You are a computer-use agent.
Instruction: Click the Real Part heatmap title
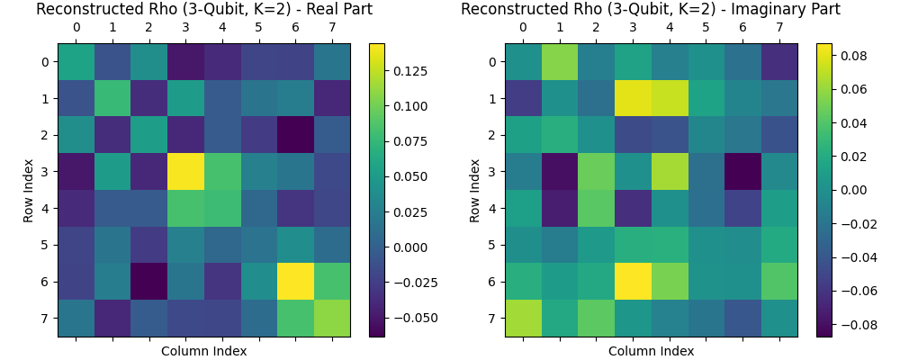(x=203, y=10)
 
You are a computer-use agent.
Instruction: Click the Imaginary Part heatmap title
(x=651, y=10)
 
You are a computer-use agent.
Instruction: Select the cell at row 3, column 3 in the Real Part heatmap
(x=185, y=172)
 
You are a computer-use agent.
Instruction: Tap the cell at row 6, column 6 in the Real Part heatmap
(x=295, y=282)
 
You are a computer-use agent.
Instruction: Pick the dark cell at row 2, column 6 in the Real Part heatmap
(x=295, y=135)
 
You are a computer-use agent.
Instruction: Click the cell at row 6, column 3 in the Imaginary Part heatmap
(x=633, y=282)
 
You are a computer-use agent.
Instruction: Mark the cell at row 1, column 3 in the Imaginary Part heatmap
(x=633, y=98)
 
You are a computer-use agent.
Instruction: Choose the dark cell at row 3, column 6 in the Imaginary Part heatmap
(x=742, y=172)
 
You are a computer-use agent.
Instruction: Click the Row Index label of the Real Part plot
(x=29, y=190)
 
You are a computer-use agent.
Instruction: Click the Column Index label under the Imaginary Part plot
(x=651, y=351)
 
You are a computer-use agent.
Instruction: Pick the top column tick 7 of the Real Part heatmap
(x=332, y=28)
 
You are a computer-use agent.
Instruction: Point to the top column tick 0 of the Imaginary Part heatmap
(x=523, y=28)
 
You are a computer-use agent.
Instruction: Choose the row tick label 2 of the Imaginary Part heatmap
(x=492, y=135)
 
